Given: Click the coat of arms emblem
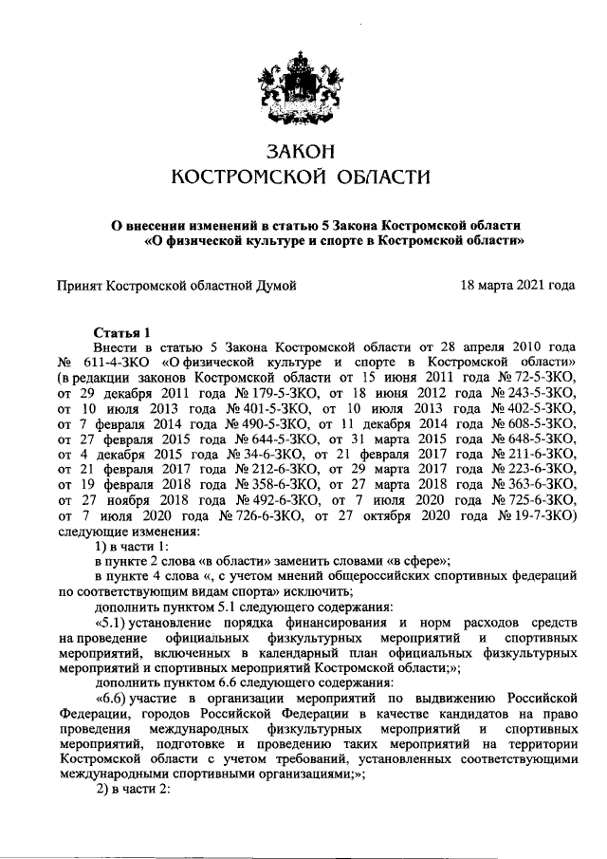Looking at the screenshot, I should (302, 90).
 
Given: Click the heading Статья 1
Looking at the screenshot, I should (122, 332).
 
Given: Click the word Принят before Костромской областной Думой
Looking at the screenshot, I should (80, 284).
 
